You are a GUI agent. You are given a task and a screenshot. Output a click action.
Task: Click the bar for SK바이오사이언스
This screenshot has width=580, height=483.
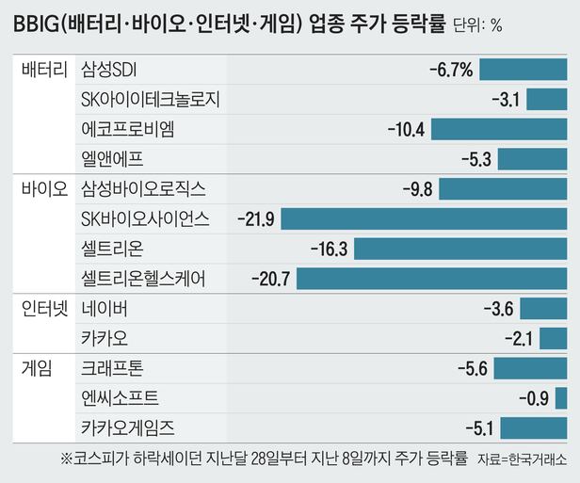425,218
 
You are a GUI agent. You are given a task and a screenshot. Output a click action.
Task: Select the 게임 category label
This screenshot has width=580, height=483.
35,368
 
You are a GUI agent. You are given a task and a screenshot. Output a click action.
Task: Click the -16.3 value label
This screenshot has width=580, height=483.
329,249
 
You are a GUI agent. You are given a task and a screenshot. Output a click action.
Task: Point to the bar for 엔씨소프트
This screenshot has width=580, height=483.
561,398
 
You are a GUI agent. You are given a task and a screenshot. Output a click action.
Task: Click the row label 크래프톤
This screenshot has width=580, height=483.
112,368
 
